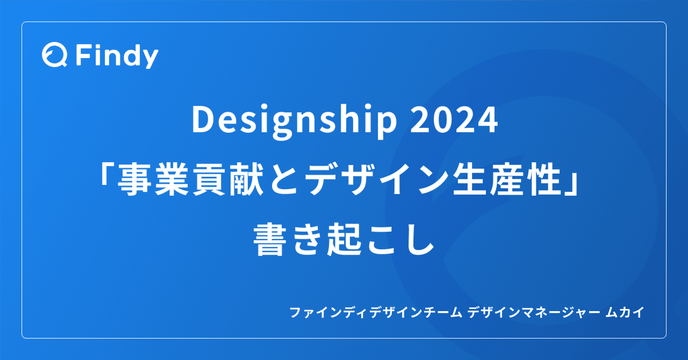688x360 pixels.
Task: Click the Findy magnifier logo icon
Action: tap(54, 55)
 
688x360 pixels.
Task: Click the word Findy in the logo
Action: tap(117, 56)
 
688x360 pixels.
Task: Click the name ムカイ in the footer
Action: tap(623, 313)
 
